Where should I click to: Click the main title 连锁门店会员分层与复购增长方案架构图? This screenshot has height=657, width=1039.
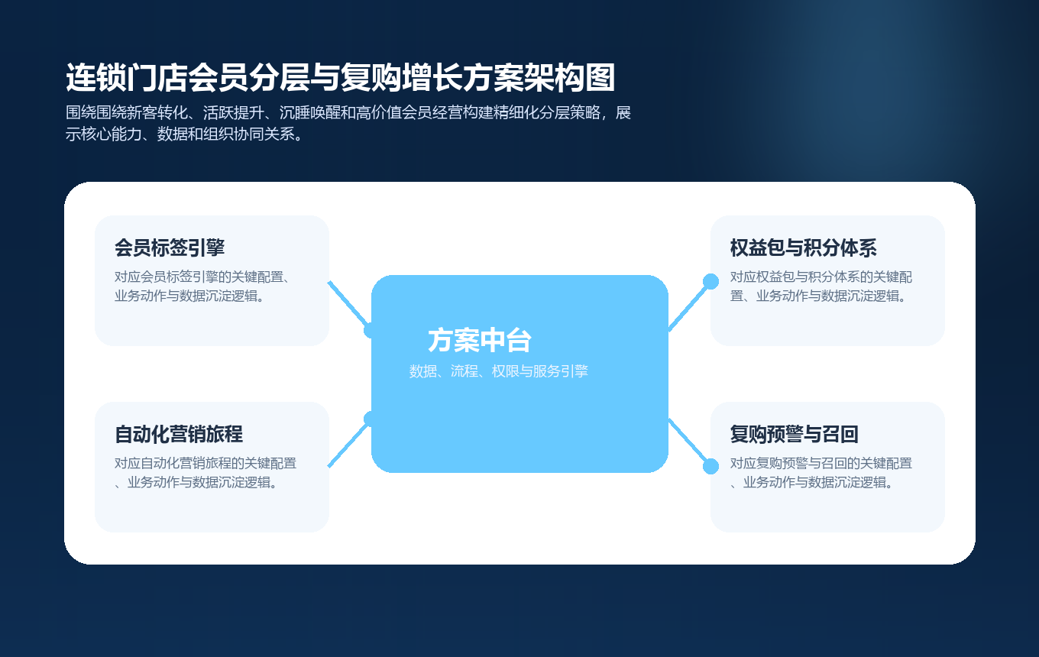coord(341,78)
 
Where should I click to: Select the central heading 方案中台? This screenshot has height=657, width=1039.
coord(480,341)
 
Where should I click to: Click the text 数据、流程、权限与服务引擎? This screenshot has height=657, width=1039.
coord(498,372)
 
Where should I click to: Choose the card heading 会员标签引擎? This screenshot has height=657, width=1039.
coord(170,248)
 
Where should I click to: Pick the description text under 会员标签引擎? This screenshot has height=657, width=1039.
coord(206,286)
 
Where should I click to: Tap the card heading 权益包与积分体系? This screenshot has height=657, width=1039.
coord(803,248)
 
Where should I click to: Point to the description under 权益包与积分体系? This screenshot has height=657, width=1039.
coord(821,286)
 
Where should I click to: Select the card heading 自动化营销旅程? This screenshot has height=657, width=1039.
coord(179,434)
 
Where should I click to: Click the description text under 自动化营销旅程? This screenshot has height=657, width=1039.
coord(206,473)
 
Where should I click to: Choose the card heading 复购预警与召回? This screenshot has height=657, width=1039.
coord(795,434)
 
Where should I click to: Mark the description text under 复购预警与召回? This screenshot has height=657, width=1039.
coord(821,473)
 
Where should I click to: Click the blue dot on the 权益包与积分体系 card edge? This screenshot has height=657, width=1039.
coord(710,281)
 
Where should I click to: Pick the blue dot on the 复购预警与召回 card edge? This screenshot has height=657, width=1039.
coord(710,466)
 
